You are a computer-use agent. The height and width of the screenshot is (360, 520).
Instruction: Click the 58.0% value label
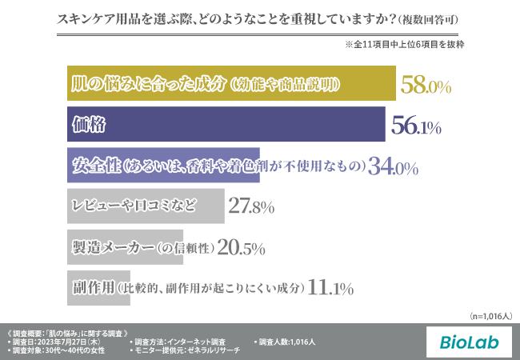[426, 85]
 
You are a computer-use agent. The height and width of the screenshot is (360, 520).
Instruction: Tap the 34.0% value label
[393, 166]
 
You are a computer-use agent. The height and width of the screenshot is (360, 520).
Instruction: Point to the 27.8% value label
[251, 206]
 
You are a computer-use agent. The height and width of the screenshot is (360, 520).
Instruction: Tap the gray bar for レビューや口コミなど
[144, 206]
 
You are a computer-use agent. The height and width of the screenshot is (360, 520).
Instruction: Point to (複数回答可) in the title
[428, 18]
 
